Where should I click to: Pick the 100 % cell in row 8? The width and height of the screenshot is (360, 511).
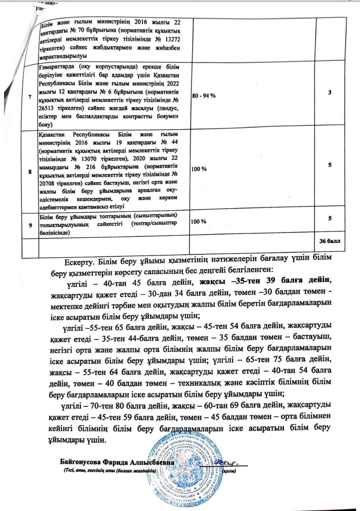coord(199,169)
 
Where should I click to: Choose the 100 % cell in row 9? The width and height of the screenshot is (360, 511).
coord(199,222)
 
